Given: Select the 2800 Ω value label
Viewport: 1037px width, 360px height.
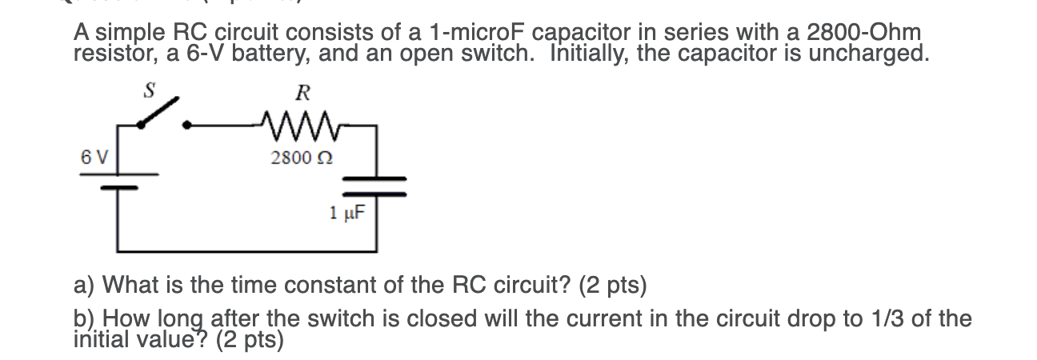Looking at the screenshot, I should [302, 158].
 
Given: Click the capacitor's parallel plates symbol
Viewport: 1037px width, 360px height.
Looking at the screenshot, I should [375, 186].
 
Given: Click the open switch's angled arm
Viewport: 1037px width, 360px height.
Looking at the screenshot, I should [157, 112].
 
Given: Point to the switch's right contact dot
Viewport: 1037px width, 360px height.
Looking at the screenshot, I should [187, 125].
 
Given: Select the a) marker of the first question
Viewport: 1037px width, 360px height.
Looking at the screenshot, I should [85, 285].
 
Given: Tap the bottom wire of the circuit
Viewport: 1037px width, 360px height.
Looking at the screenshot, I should [248, 250].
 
